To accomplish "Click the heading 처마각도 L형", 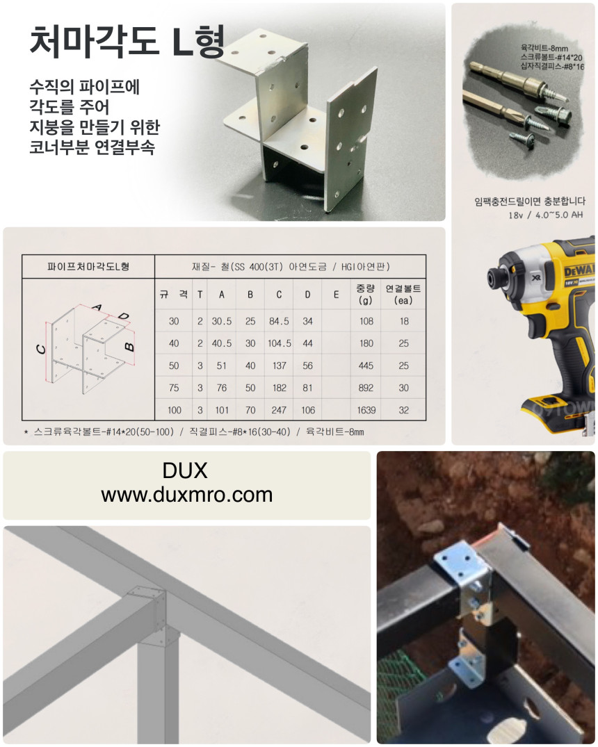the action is pyautogui.click(x=127, y=41).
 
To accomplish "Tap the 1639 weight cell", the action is pyautogui.click(x=366, y=410).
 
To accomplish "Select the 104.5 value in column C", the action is pyautogui.click(x=280, y=343).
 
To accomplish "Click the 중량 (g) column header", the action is pyautogui.click(x=366, y=294).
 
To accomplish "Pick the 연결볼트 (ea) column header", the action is pyautogui.click(x=403, y=294).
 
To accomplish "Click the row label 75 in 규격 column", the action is pyautogui.click(x=174, y=388).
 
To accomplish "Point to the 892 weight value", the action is pyautogui.click(x=366, y=388).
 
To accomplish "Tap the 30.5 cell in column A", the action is pyautogui.click(x=222, y=321).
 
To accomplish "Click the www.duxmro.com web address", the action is pyautogui.click(x=186, y=495).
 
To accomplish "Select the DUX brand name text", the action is pyautogui.click(x=185, y=470).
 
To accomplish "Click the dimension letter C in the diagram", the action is pyautogui.click(x=41, y=350).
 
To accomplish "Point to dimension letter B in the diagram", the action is pyautogui.click(x=129, y=346).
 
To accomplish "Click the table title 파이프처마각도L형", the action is pyautogui.click(x=88, y=266).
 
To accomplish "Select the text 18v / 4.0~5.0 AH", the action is pyautogui.click(x=546, y=215).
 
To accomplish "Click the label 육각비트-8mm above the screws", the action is pyautogui.click(x=544, y=48).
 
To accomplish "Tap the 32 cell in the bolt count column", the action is pyautogui.click(x=403, y=410).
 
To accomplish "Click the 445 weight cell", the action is pyautogui.click(x=366, y=366).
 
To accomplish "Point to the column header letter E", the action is pyautogui.click(x=336, y=295).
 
